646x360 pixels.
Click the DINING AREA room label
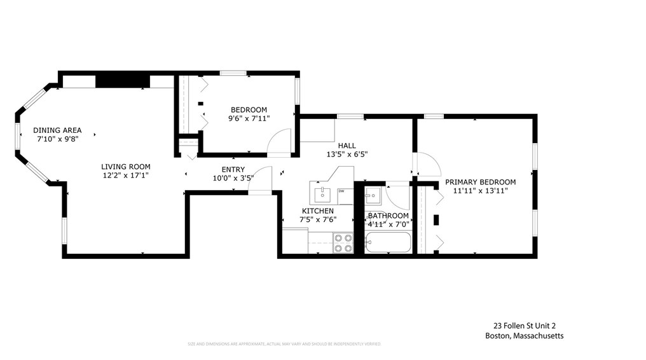coord(57,130)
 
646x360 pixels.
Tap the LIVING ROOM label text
coord(126,167)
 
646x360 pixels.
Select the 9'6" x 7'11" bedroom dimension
coord(249,118)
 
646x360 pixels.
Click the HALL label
coord(347,146)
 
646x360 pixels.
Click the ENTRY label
coord(233,169)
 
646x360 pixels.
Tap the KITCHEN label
coord(318,211)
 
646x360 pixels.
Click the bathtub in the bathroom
coord(388,242)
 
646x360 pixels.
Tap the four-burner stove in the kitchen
coord(343,243)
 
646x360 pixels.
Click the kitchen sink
coord(323,192)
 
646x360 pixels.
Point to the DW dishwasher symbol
coord(341,191)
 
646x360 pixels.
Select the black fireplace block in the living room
coord(123,81)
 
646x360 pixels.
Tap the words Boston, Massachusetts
coord(523,336)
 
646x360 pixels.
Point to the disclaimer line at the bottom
coord(284,344)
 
